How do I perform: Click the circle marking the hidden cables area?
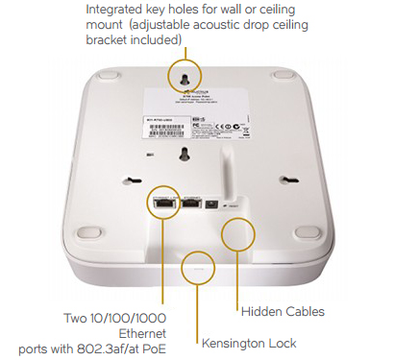[x=239, y=233]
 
